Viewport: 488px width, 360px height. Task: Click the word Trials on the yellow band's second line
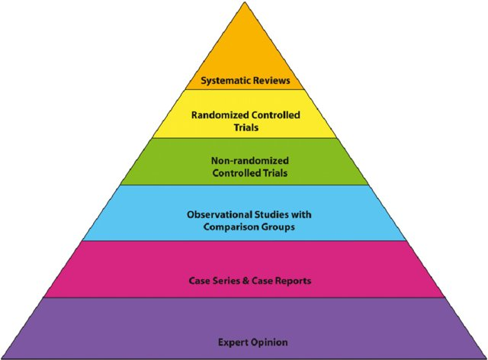click(x=246, y=127)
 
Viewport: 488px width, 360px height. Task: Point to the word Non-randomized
click(x=250, y=161)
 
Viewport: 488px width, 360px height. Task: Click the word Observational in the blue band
click(x=220, y=214)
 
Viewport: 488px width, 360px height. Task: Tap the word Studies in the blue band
click(x=271, y=214)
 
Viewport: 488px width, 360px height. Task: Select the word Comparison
click(x=230, y=227)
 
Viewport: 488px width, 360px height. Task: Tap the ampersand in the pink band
click(x=246, y=281)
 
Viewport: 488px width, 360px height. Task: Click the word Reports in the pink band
click(x=294, y=281)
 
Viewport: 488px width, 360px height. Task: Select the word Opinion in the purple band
click(x=269, y=342)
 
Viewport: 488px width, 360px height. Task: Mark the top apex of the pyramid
click(x=245, y=2)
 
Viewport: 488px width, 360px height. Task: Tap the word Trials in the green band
click(x=274, y=173)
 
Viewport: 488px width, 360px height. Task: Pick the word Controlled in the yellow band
click(x=276, y=115)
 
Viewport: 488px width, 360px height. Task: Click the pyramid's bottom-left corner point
click(x=2, y=358)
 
